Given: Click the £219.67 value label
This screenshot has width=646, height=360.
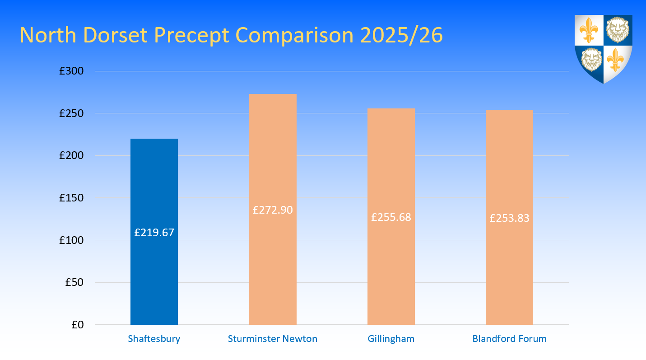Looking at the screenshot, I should pos(154,233).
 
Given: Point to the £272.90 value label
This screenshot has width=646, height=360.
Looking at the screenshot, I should pos(273,210).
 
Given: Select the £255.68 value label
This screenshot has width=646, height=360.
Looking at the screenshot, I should pos(391,217).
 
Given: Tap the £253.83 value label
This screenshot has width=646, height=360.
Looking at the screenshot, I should pos(509,218).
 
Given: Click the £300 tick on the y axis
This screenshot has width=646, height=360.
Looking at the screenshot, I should pos(71,71).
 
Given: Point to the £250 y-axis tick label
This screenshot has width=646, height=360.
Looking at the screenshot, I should pos(71,113).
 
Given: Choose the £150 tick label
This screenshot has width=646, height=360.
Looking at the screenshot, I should pos(71,198).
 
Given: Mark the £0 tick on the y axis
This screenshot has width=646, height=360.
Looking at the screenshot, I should pos(77,325).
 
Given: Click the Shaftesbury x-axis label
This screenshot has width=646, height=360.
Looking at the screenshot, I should pos(154,339).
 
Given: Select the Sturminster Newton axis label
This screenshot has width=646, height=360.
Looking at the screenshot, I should pos(273,339).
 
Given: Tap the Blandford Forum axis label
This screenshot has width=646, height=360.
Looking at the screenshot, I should pos(509,339).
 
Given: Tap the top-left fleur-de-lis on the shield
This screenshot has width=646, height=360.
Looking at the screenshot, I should pos(589,30).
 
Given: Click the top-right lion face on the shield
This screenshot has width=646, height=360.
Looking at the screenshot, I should pos(618,30).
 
